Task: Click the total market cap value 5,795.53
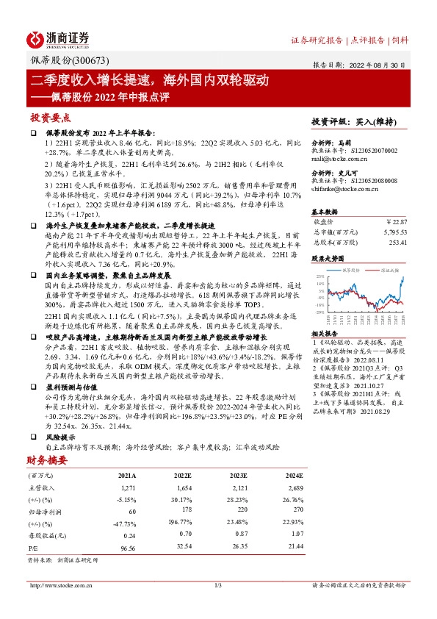394,232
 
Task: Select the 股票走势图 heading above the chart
326,259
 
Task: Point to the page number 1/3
217,586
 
